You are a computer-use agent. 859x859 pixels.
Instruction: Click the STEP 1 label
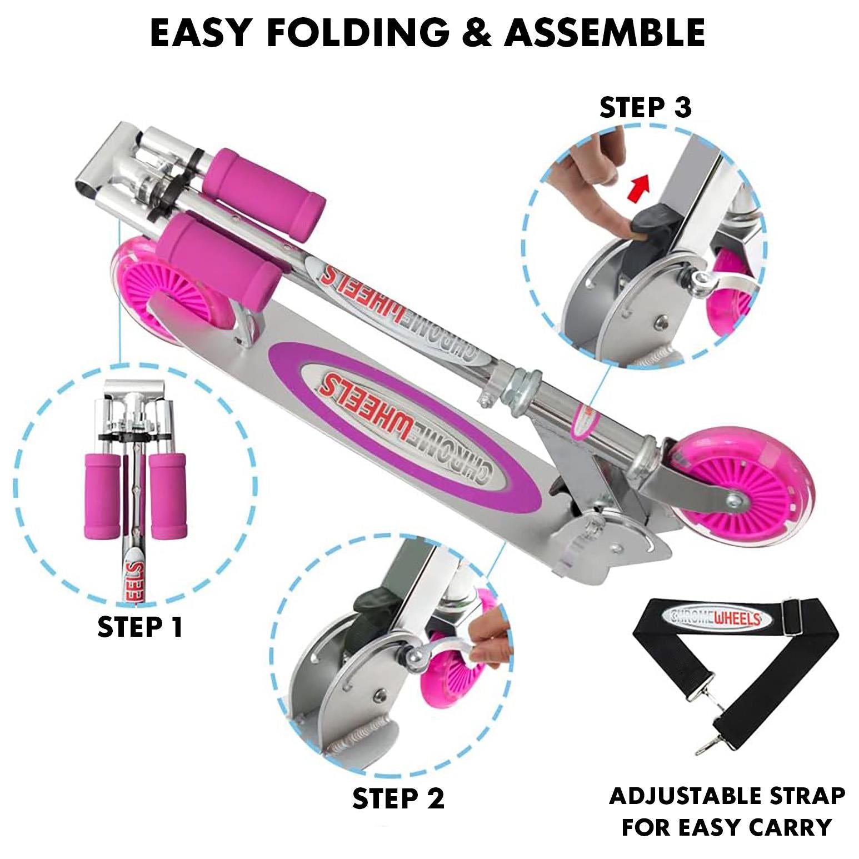[x=140, y=627]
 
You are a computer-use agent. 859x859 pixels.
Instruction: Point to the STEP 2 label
[x=398, y=798]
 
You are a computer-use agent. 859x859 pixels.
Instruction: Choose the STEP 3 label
[x=645, y=108]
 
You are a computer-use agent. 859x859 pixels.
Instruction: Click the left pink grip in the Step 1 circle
[x=102, y=495]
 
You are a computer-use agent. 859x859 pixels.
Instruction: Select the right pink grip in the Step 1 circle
[x=168, y=495]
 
